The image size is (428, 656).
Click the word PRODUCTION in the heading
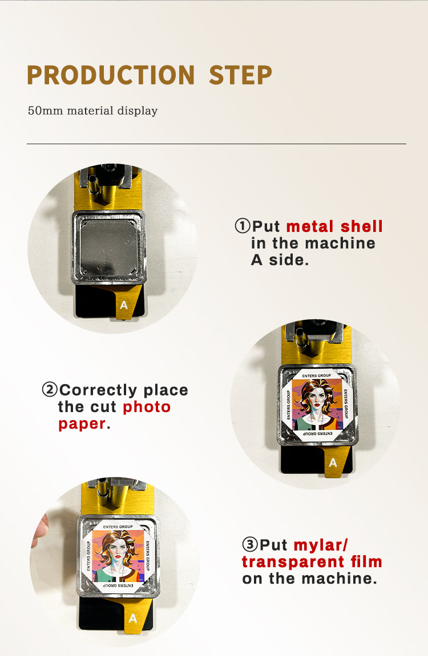coord(111,75)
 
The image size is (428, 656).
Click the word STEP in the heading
coord(240,75)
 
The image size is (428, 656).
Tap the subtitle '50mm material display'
coord(92,111)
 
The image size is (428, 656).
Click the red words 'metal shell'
coord(334,226)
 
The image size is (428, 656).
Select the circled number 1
coord(243,226)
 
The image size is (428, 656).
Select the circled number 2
coord(50,390)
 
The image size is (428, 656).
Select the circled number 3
coord(250,545)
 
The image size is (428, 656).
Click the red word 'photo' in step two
coord(147,407)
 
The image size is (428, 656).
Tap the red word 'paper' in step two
coord(82,424)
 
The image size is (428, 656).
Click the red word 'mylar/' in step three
coord(321,545)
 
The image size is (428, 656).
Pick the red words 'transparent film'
coord(312,562)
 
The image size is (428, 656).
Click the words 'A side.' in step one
coord(280,260)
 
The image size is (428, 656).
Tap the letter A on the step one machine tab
coord(124,305)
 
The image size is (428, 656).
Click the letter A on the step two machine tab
coord(333,463)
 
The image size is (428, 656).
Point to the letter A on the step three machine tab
coord(133,618)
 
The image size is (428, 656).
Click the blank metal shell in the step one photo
coord(108,247)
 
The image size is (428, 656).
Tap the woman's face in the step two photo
coord(316,399)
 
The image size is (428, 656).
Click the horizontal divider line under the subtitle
coord(216,144)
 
